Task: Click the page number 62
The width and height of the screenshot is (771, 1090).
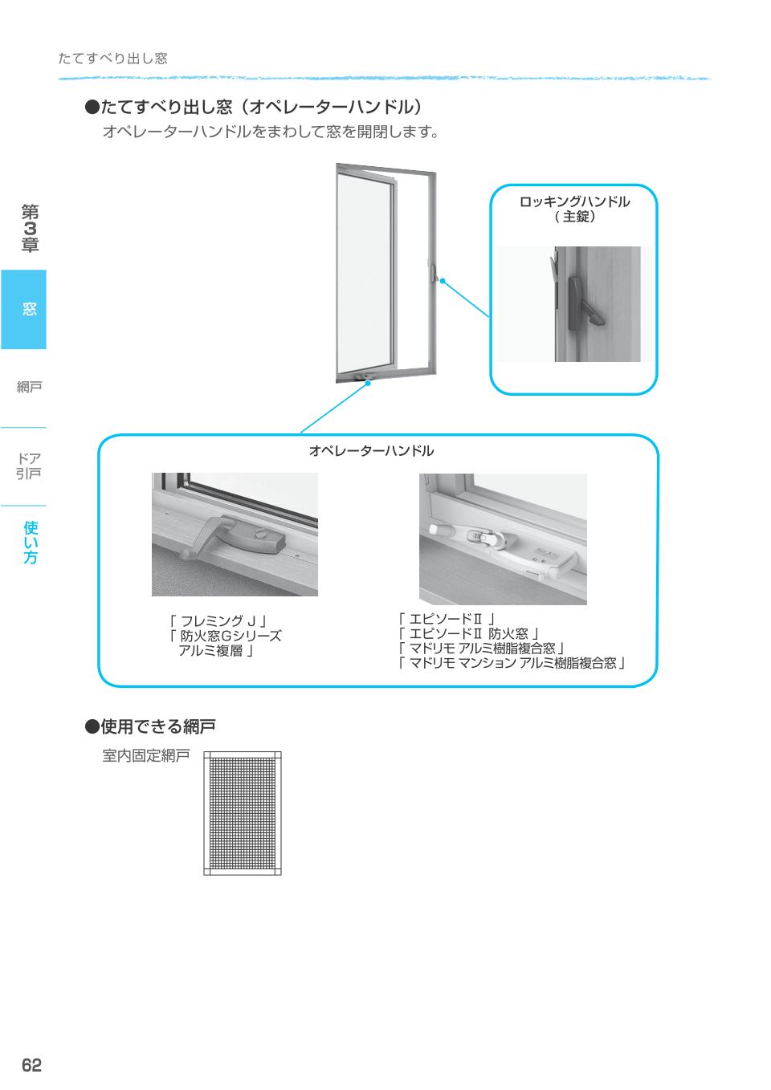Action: tap(31, 1065)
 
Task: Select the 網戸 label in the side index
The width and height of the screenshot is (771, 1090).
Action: tap(29, 388)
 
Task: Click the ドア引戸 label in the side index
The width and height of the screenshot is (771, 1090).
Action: tap(29, 466)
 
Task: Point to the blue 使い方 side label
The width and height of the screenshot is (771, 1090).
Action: tap(31, 542)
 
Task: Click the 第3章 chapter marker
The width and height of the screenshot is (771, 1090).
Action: tap(30, 229)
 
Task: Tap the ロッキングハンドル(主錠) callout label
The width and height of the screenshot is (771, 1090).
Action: tap(574, 209)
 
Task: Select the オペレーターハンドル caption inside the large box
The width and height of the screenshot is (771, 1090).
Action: tap(371, 451)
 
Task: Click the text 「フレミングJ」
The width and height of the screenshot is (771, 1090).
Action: tap(217, 620)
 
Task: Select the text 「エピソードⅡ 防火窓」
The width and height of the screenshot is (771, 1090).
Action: tap(467, 634)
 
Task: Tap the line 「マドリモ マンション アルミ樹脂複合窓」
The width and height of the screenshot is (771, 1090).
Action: tap(511, 663)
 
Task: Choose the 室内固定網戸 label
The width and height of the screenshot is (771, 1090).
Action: tap(145, 755)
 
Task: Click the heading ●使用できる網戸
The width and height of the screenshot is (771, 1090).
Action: tap(151, 726)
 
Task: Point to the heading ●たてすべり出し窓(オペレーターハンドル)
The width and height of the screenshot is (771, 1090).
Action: tap(254, 107)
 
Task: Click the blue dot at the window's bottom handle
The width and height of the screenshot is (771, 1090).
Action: tap(369, 384)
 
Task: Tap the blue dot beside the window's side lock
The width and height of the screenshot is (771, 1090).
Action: tap(442, 280)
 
